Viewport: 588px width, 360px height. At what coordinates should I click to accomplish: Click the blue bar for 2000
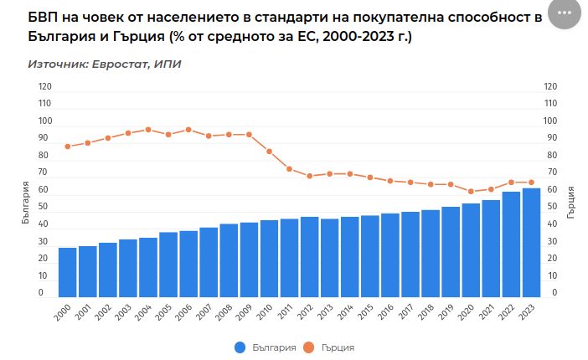[x=67, y=272]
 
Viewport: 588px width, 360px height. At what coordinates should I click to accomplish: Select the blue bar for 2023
[x=531, y=243]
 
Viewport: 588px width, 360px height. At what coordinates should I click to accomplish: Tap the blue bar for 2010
[x=269, y=259]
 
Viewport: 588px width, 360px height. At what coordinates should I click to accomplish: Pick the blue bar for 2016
[x=389, y=255]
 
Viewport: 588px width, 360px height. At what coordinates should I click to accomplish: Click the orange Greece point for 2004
[x=148, y=130]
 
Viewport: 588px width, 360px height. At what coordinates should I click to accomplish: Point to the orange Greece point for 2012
[x=309, y=176]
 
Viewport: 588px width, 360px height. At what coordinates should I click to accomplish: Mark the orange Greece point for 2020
[x=471, y=192]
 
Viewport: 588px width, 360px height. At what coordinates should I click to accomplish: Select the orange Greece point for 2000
[x=67, y=147]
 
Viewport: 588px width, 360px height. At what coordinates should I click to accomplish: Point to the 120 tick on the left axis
[x=45, y=86]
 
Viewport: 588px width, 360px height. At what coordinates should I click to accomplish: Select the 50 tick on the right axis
[x=550, y=207]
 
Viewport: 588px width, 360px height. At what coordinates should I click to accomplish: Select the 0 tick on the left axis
[x=41, y=293]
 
